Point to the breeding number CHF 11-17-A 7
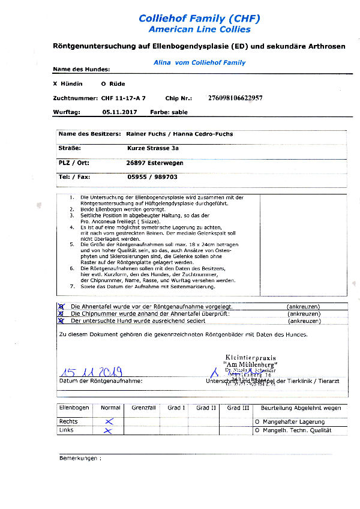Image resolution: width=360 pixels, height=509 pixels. (123, 97)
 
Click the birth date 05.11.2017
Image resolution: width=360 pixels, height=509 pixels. (120, 112)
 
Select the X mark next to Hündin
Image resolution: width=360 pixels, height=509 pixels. (55, 84)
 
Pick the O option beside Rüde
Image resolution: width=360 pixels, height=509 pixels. (103, 84)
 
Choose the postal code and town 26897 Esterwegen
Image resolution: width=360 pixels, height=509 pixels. (155, 163)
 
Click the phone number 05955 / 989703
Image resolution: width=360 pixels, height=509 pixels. (152, 177)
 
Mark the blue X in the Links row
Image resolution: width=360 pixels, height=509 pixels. (109, 431)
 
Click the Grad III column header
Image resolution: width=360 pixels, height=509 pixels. (238, 408)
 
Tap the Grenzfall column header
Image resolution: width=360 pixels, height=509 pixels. (143, 408)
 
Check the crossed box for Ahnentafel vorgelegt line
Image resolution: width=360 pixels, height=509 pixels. (61, 307)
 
